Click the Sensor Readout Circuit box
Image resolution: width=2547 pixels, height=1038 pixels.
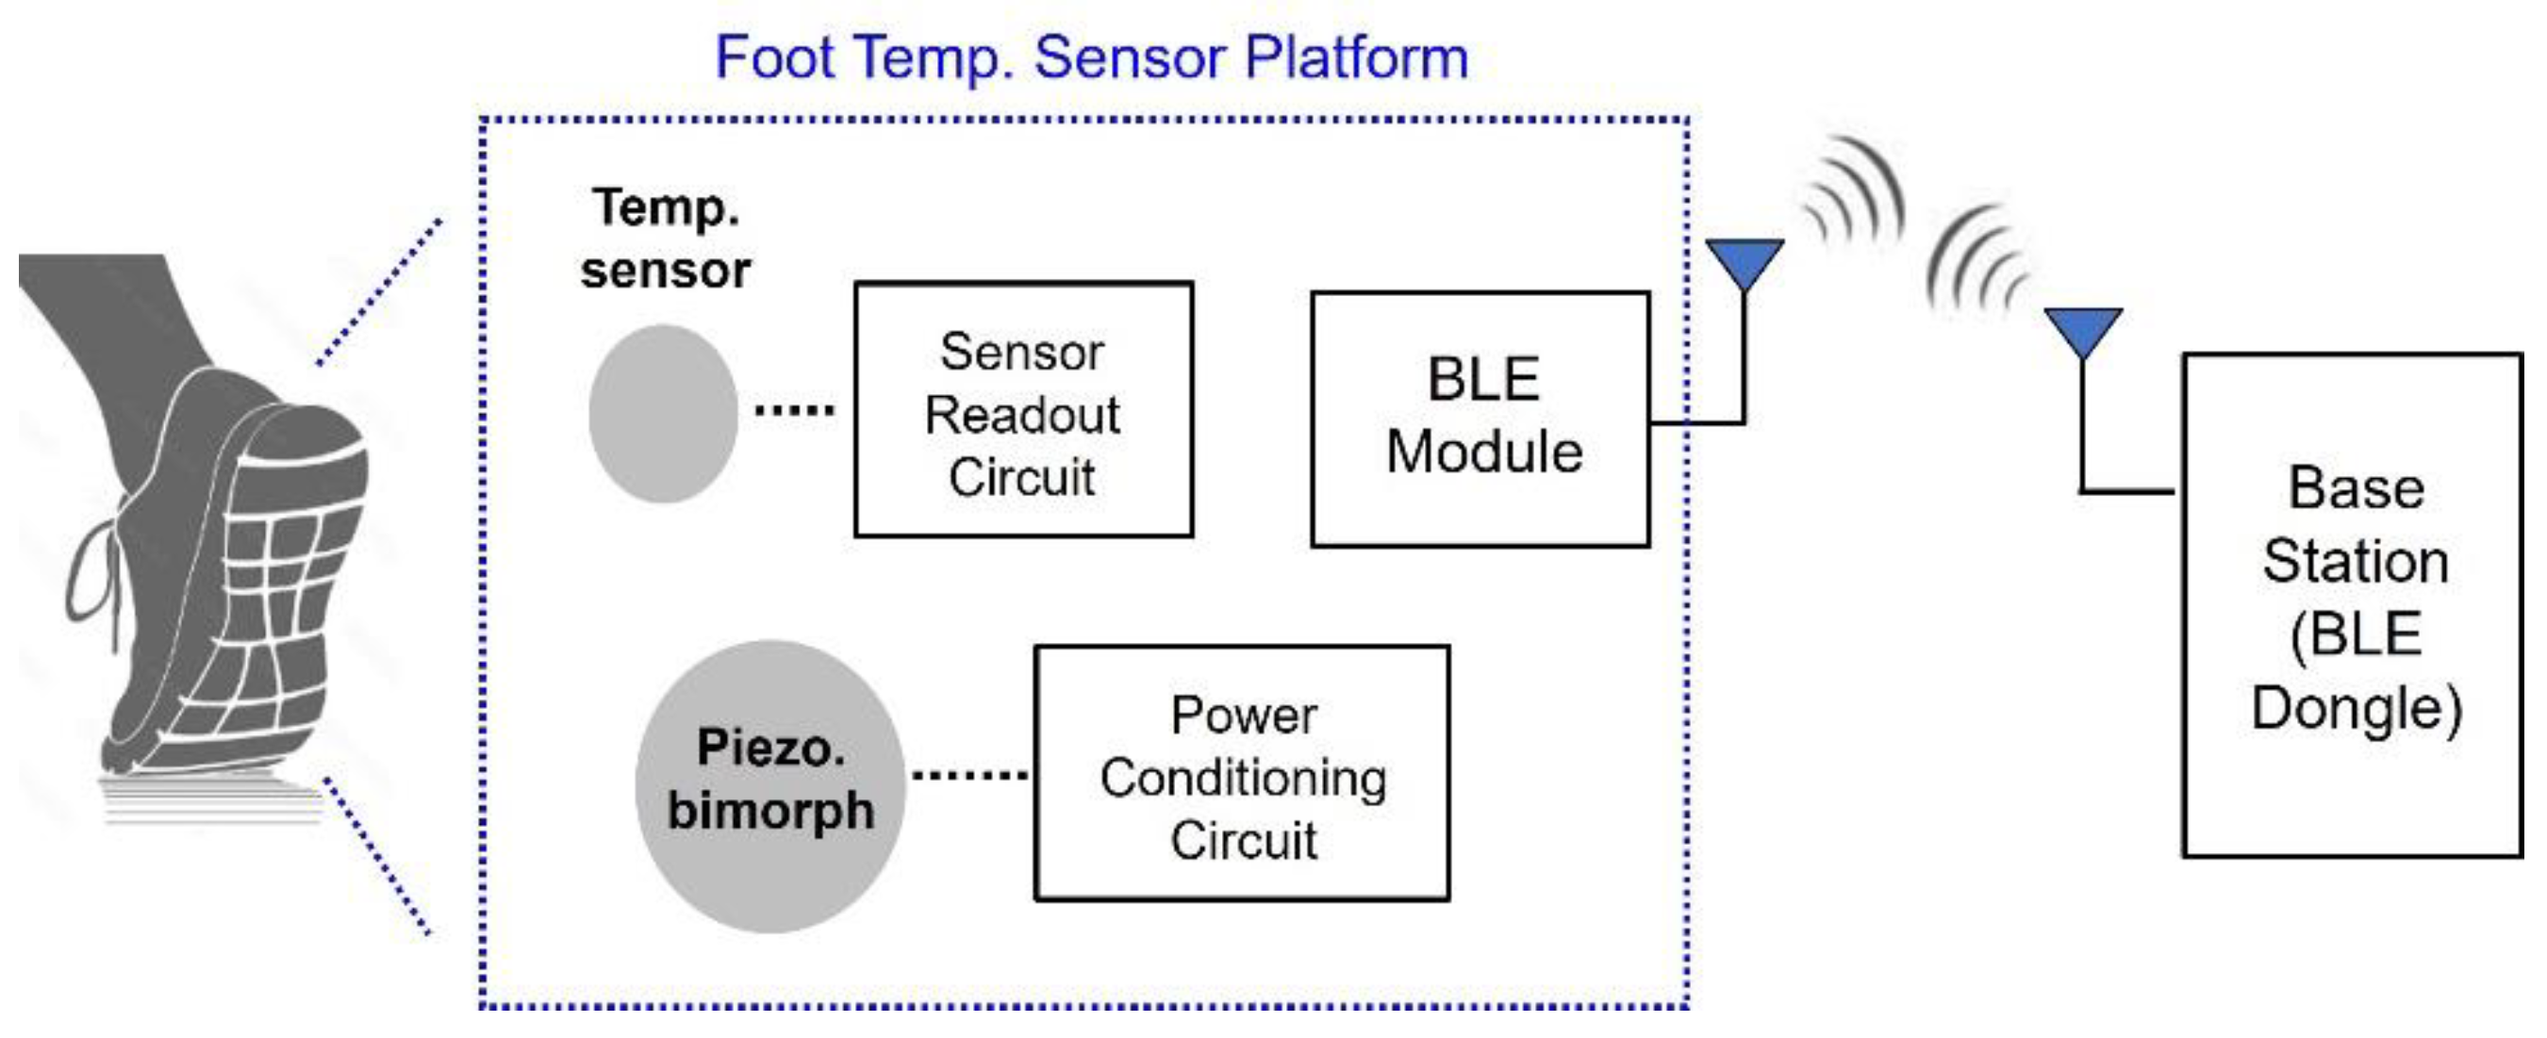click(1023, 410)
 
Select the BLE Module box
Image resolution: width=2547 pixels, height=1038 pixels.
click(1480, 420)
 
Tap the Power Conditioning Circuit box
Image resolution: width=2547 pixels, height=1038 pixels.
click(1242, 773)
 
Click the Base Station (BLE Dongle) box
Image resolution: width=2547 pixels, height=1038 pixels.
click(2353, 605)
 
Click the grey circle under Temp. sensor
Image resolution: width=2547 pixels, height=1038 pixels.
click(663, 413)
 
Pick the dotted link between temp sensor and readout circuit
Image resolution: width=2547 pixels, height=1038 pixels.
click(794, 409)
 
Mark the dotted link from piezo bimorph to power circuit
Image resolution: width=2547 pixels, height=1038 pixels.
click(969, 775)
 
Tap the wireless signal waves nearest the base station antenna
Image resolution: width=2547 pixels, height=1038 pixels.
click(1977, 262)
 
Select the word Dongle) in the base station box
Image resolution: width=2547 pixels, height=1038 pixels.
click(2356, 708)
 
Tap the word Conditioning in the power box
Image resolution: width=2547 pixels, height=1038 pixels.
click(1243, 777)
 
